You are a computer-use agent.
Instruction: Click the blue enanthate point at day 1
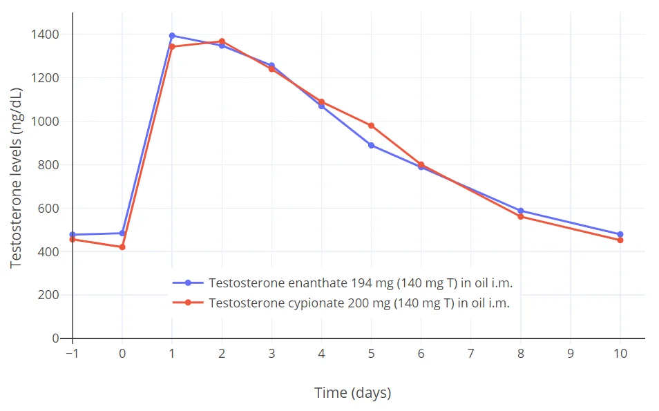(172, 36)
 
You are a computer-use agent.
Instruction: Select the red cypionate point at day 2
(222, 41)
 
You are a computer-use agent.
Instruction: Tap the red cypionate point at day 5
(371, 126)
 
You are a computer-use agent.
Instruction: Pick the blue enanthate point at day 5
(371, 145)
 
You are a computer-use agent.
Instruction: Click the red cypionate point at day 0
(122, 247)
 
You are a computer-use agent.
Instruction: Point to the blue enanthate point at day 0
(122, 233)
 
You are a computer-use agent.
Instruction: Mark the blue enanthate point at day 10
(620, 234)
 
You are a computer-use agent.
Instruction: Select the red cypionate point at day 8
(521, 216)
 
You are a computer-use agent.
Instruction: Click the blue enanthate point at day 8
(521, 211)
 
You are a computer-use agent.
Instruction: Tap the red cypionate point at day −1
(73, 239)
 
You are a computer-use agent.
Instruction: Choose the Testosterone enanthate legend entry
(360, 283)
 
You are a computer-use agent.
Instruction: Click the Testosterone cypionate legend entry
(359, 303)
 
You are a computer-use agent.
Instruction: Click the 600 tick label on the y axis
(48, 209)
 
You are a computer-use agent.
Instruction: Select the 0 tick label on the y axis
(56, 338)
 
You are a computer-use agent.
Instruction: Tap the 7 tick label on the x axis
(470, 354)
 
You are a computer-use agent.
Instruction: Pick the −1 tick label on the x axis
(70, 354)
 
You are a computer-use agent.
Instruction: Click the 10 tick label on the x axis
(620, 354)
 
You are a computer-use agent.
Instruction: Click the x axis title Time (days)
(352, 393)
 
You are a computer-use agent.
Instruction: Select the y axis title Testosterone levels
(17, 178)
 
